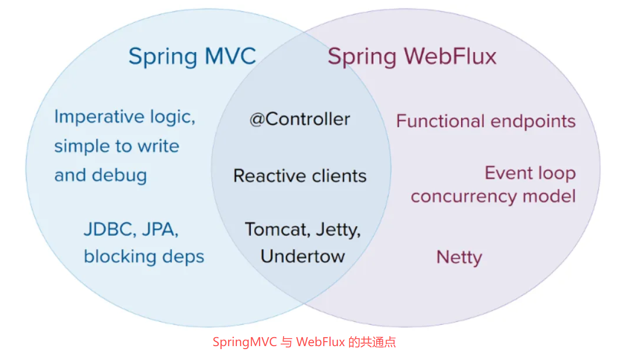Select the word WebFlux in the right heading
[449, 56]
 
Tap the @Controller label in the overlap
[300, 119]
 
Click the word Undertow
[303, 256]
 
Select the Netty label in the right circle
[459, 257]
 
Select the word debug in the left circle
[120, 175]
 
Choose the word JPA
[160, 229]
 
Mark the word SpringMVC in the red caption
[245, 342]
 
